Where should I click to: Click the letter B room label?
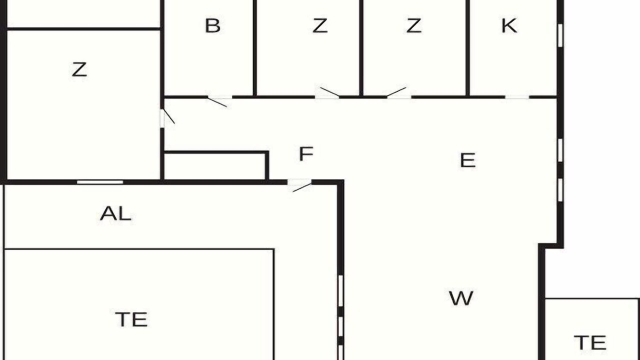pyautogui.click(x=213, y=25)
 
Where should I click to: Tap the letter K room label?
pyautogui.click(x=509, y=25)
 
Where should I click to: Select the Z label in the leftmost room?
pyautogui.click(x=79, y=69)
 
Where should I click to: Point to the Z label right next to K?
pyautogui.click(x=413, y=25)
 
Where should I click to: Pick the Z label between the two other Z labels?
pyautogui.click(x=319, y=25)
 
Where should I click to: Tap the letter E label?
pyautogui.click(x=467, y=160)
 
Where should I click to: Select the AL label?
pyautogui.click(x=115, y=213)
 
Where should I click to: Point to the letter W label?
pyautogui.click(x=461, y=298)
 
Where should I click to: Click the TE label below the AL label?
pyautogui.click(x=131, y=319)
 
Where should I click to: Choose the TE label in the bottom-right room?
pyautogui.click(x=590, y=342)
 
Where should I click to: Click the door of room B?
pyautogui.click(x=217, y=102)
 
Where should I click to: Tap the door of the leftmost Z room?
pyautogui.click(x=167, y=117)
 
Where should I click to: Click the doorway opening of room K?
pyautogui.click(x=517, y=97)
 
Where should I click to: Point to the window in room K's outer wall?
pyautogui.click(x=560, y=35)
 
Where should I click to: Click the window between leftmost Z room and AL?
pyautogui.click(x=100, y=182)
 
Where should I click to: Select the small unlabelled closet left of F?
pyautogui.click(x=215, y=166)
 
